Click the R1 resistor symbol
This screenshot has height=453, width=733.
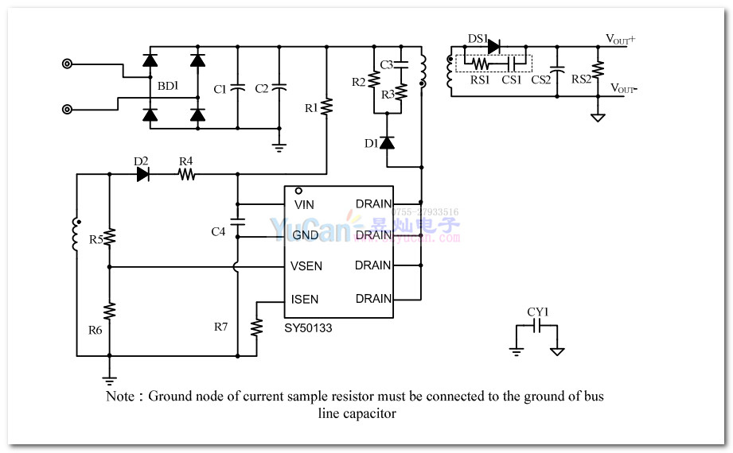pyautogui.click(x=326, y=106)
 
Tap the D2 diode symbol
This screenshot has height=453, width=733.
pyautogui.click(x=144, y=175)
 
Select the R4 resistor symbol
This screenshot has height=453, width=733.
pyautogui.click(x=186, y=175)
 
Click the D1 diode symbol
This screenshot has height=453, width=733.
pyautogui.click(x=387, y=143)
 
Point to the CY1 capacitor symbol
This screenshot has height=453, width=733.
pyautogui.click(x=538, y=327)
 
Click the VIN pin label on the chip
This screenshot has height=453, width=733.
pyautogui.click(x=304, y=205)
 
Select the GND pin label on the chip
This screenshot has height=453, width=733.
pyautogui.click(x=306, y=235)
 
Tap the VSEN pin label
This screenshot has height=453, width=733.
pyautogui.click(x=306, y=265)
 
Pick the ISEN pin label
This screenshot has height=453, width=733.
pyautogui.click(x=305, y=300)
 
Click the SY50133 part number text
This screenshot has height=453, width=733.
pyautogui.click(x=308, y=327)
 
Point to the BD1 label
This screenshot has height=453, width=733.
pyautogui.click(x=167, y=85)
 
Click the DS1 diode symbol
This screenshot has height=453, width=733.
pyautogui.click(x=493, y=46)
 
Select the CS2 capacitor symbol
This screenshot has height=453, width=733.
pyautogui.click(x=558, y=71)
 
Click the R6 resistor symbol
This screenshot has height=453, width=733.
pyautogui.click(x=110, y=310)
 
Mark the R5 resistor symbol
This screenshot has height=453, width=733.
pyautogui.click(x=110, y=237)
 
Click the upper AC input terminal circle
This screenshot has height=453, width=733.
pyautogui.click(x=68, y=64)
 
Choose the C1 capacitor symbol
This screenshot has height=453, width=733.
pyautogui.click(x=236, y=88)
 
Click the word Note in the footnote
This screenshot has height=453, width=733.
pyautogui.click(x=119, y=396)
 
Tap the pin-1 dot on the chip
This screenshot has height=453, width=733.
pyautogui.click(x=298, y=192)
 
